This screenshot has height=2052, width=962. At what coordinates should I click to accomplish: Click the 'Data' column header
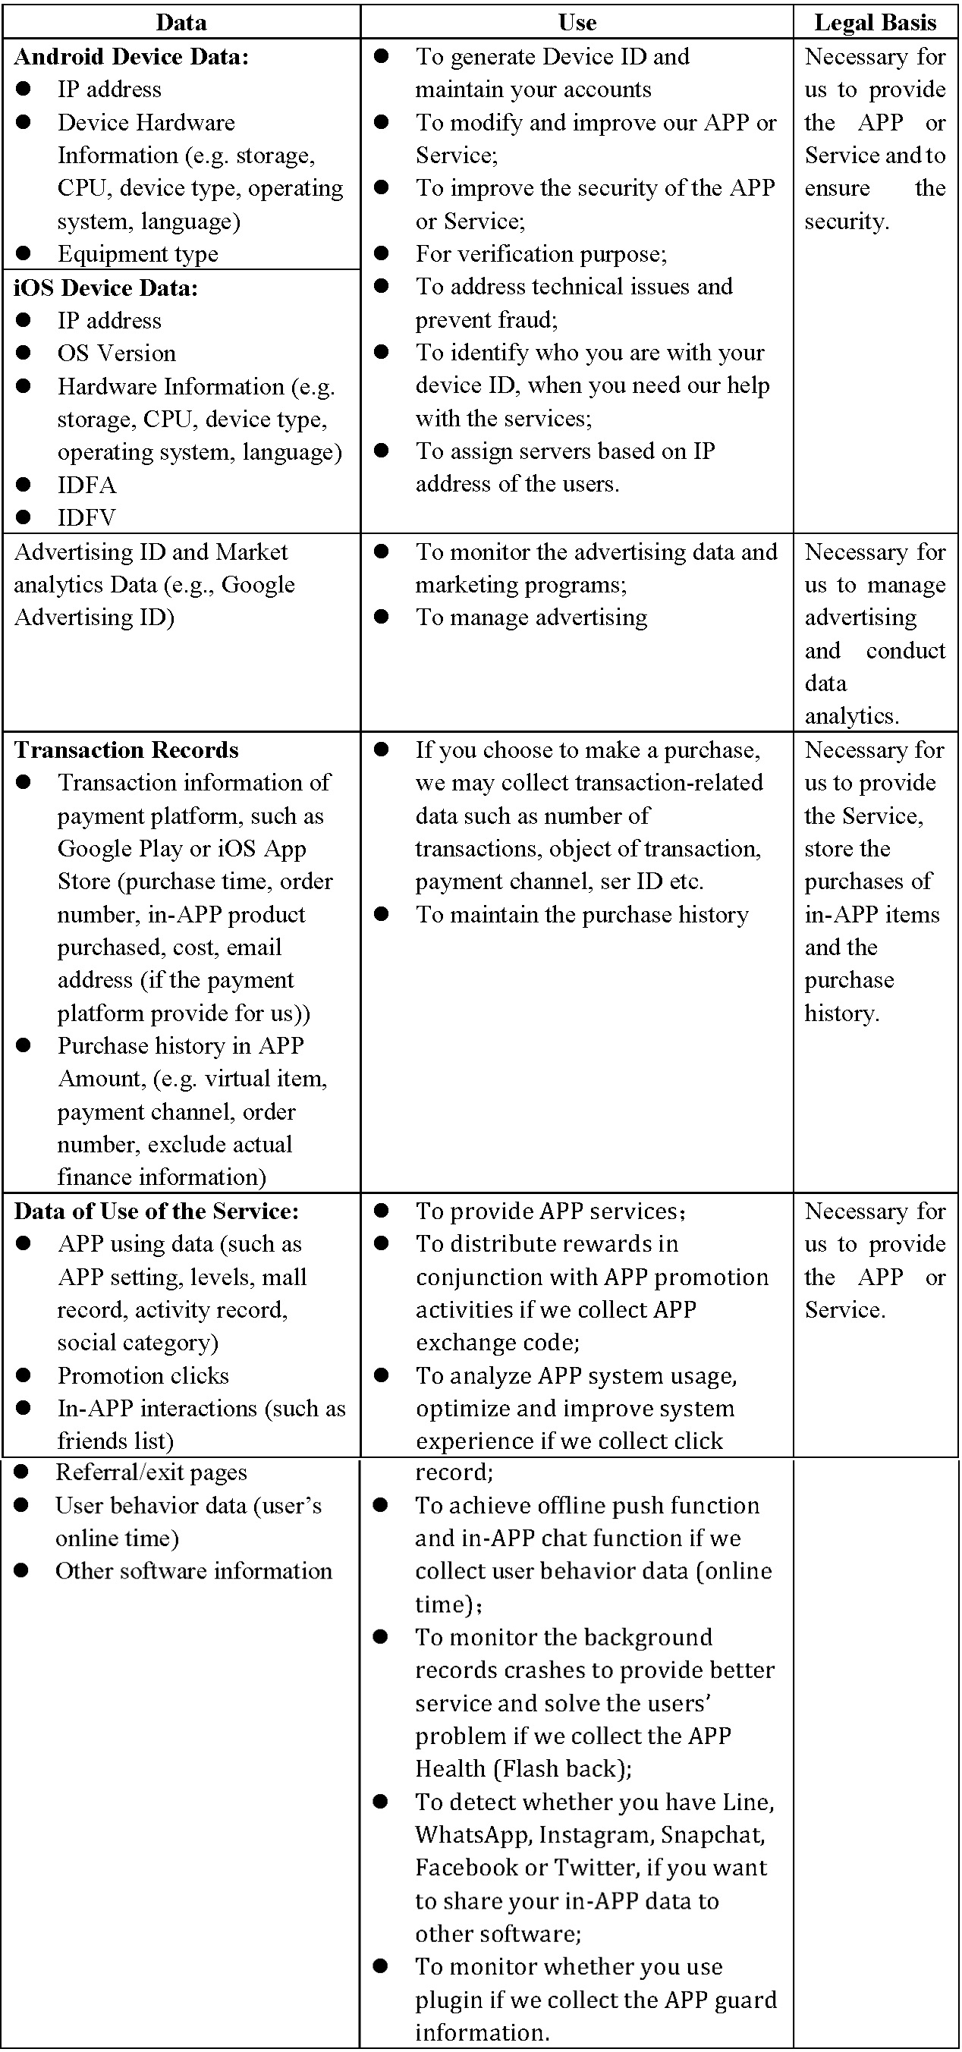pyautogui.click(x=181, y=22)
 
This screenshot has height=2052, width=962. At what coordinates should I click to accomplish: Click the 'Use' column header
pyautogui.click(x=577, y=22)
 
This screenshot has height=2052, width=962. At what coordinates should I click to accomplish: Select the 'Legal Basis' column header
pyautogui.click(x=876, y=22)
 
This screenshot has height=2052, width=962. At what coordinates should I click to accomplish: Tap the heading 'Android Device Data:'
pyautogui.click(x=131, y=57)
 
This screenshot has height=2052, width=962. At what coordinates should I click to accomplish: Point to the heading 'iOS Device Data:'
pyautogui.click(x=106, y=288)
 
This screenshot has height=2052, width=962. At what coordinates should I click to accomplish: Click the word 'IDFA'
pyautogui.click(x=86, y=484)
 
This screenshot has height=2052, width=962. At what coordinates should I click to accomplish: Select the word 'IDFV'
pyautogui.click(x=86, y=517)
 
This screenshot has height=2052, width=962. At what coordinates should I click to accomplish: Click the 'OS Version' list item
pyautogui.click(x=116, y=353)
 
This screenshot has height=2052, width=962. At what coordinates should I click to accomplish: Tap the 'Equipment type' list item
pyautogui.click(x=138, y=254)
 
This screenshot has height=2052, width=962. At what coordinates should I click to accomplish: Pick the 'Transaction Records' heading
pyautogui.click(x=127, y=749)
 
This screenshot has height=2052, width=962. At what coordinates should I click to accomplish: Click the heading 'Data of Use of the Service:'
pyautogui.click(x=156, y=1211)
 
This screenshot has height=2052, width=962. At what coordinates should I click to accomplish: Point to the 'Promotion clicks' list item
pyautogui.click(x=143, y=1375)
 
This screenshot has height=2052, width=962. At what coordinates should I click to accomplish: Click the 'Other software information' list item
pyautogui.click(x=193, y=1570)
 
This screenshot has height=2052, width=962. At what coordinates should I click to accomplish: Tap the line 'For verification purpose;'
pyautogui.click(x=542, y=254)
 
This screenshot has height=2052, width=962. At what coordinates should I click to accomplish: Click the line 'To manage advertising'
pyautogui.click(x=531, y=617)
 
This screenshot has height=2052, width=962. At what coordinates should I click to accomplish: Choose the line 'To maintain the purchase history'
pyautogui.click(x=582, y=914)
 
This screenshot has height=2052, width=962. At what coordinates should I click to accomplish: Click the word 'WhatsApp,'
pyautogui.click(x=473, y=1834)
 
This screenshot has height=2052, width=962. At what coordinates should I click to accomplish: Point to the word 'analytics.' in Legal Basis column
pyautogui.click(x=851, y=716)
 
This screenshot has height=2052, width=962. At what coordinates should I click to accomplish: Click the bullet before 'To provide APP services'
pyautogui.click(x=382, y=1211)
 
